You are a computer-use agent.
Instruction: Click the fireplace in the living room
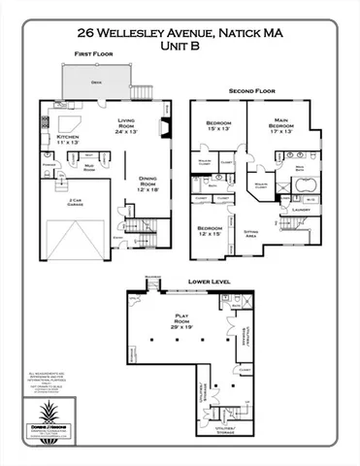click(x=167, y=128)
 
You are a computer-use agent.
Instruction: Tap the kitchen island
click(x=68, y=123)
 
